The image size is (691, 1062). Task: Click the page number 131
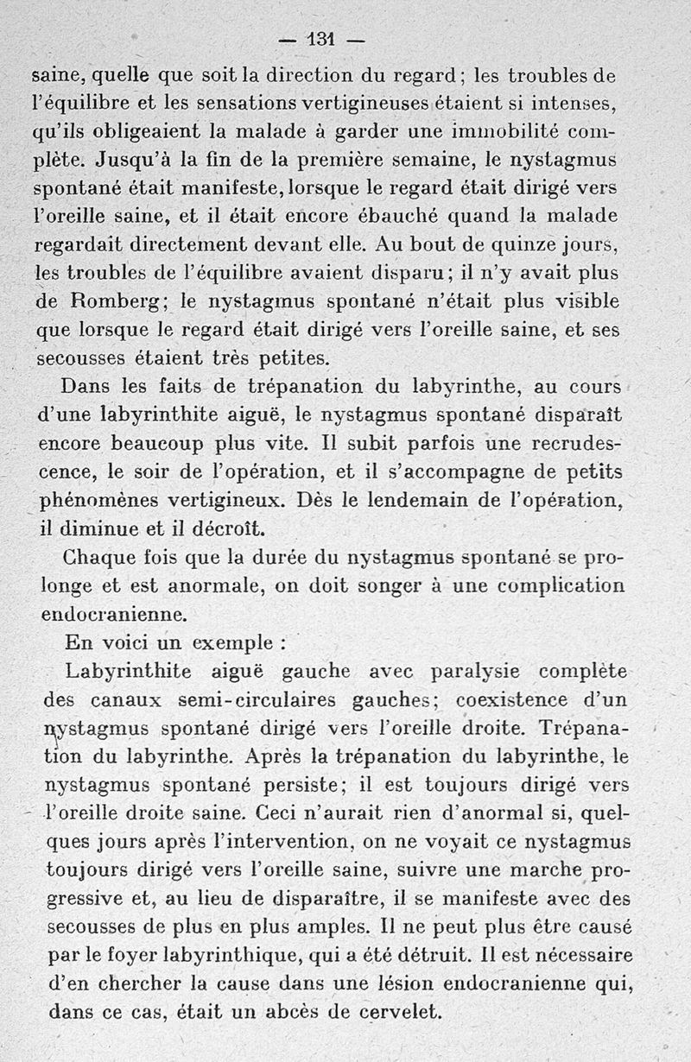[x=320, y=39]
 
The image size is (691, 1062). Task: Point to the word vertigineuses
[x=364, y=104]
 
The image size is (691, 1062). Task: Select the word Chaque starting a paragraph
[x=99, y=557]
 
